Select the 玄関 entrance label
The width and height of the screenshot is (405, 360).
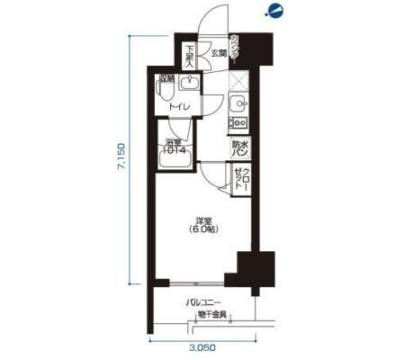[219, 52]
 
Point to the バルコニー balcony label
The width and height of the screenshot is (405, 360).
[204, 303]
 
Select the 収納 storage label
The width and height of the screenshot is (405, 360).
[166, 78]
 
